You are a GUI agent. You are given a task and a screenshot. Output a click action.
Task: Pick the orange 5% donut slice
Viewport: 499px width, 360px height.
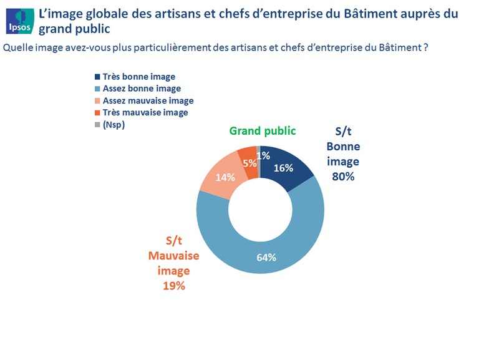248,160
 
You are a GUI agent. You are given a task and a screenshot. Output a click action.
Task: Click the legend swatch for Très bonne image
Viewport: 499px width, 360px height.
97,77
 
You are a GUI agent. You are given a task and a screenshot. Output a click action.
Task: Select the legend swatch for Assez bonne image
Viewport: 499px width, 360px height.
97,89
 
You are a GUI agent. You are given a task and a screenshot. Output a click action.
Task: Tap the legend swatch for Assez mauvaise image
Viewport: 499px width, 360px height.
97,100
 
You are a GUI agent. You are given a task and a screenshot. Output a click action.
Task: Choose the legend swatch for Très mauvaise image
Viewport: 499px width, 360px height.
97,112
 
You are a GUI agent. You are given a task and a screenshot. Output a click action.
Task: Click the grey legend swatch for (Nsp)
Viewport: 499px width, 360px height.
97,124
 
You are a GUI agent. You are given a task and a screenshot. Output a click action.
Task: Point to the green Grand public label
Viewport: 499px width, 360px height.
262,130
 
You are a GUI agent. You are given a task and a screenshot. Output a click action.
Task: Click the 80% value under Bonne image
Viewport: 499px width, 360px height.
343,177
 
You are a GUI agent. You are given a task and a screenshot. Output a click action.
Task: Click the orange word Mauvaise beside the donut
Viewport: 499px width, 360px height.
174,256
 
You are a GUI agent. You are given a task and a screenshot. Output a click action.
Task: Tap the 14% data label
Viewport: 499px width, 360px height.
225,177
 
